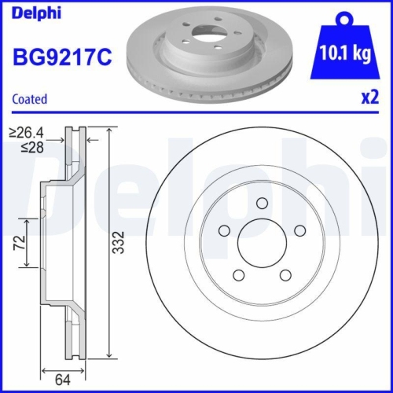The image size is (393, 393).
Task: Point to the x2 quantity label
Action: point(368,99)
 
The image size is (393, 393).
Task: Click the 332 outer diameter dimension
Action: point(118,241)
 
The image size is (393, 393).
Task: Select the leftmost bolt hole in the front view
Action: point(224,231)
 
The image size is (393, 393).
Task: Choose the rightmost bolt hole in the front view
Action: point(299,231)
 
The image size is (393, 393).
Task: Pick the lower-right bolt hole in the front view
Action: point(285,275)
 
